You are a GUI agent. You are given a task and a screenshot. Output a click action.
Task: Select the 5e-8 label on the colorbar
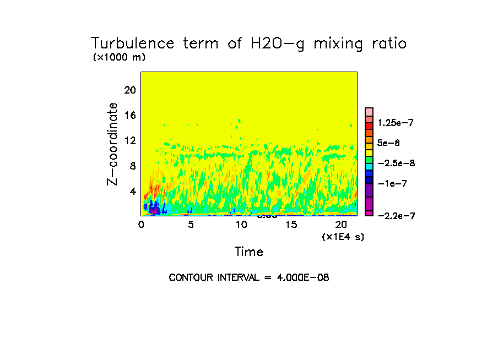click(x=389, y=143)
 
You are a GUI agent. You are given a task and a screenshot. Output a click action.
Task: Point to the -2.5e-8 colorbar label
click(x=396, y=163)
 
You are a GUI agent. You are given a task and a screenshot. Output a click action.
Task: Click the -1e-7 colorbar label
click(x=392, y=183)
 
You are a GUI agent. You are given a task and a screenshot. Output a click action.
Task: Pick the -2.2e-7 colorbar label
click(x=396, y=216)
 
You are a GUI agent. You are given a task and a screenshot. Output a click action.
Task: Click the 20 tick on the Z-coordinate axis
click(x=129, y=90)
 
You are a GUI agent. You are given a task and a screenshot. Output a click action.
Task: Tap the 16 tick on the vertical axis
click(x=129, y=116)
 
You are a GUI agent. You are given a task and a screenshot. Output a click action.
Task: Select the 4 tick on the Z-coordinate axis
click(x=133, y=191)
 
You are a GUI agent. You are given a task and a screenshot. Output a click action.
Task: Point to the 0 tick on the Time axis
click(x=141, y=225)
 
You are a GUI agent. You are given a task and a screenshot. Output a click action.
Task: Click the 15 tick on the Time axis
click(x=291, y=225)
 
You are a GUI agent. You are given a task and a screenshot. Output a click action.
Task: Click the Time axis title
click(x=249, y=252)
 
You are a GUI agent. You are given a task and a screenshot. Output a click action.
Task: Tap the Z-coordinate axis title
click(x=113, y=144)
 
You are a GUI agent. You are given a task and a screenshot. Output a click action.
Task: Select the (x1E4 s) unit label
click(x=343, y=236)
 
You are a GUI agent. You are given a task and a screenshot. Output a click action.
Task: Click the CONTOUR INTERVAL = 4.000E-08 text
click(x=249, y=277)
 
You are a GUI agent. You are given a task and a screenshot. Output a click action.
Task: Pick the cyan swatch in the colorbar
click(x=369, y=166)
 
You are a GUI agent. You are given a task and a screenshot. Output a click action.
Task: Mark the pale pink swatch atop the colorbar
click(x=369, y=111)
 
